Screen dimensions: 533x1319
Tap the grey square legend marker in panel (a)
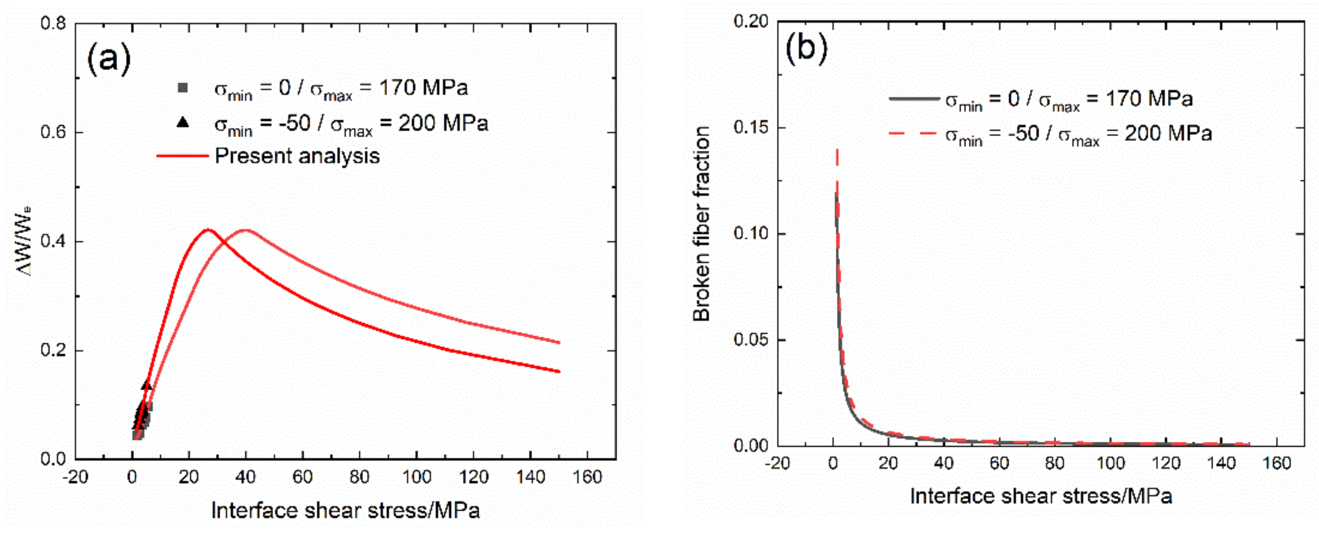(182, 88)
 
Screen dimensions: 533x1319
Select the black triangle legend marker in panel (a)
(182, 123)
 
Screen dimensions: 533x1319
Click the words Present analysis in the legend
(297, 156)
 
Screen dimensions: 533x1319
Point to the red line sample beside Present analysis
(182, 156)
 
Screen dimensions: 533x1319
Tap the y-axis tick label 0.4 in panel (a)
(53, 242)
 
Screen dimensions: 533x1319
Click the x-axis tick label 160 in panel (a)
(586, 477)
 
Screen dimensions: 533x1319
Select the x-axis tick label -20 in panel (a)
(75, 477)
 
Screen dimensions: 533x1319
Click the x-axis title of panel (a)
(346, 511)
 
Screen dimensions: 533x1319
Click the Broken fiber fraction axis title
(701, 224)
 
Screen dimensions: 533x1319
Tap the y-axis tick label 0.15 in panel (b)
(751, 127)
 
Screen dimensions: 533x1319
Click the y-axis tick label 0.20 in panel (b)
(751, 21)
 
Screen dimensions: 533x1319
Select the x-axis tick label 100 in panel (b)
(1110, 464)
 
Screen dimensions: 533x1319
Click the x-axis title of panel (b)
(1041, 496)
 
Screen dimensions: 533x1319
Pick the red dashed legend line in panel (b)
(915, 133)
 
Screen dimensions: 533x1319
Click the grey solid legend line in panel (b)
(915, 98)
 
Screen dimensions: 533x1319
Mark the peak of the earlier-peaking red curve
(207, 230)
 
